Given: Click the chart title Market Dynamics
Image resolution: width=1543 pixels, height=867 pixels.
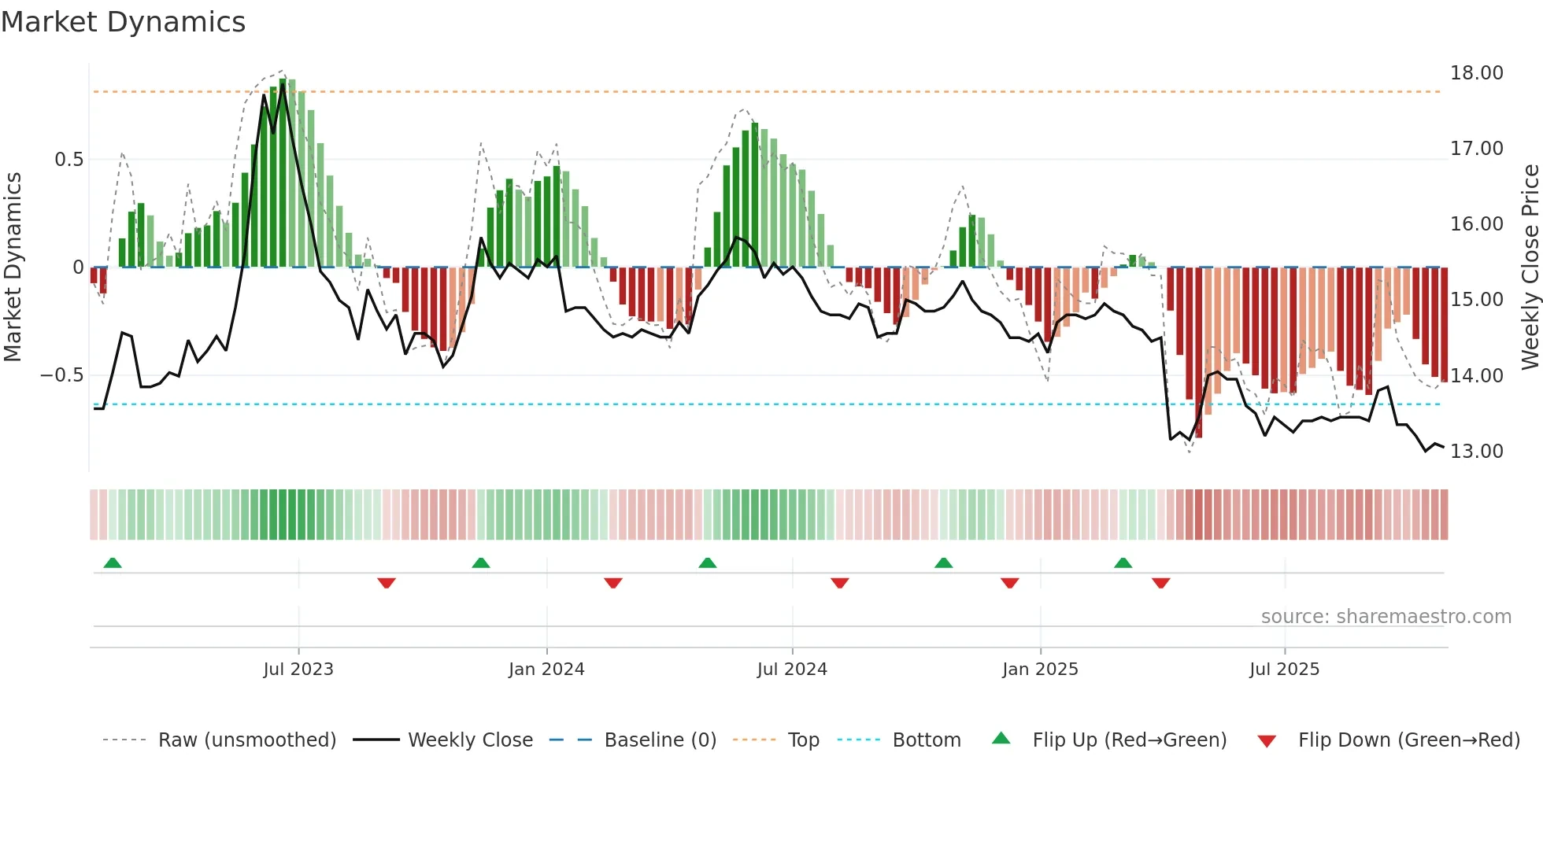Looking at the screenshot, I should (123, 22).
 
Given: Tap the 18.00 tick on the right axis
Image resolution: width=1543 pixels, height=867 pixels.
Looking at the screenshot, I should (1476, 73).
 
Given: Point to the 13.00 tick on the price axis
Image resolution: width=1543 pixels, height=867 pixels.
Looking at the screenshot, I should (1476, 452).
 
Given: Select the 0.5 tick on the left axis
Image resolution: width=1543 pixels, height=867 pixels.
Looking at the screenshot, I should (68, 160).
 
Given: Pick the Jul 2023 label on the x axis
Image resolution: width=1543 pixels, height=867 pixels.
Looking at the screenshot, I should (298, 670).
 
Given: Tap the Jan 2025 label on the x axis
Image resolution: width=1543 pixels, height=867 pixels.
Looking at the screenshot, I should (1040, 670).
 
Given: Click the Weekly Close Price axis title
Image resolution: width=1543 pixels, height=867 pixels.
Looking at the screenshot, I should (1530, 267).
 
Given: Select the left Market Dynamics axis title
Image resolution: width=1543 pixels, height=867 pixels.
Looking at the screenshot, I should (13, 267).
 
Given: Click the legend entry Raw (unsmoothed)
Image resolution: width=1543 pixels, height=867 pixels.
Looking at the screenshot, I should (246, 740).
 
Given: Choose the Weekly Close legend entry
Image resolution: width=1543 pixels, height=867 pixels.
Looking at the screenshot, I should (470, 740).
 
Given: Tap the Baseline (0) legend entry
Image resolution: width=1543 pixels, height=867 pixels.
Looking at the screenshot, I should (660, 740).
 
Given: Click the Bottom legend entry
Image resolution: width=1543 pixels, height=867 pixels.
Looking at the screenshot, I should (926, 740).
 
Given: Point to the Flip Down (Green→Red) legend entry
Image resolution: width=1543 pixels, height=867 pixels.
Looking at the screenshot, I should (1408, 740).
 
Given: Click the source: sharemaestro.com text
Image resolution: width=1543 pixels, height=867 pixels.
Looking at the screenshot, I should (1386, 617).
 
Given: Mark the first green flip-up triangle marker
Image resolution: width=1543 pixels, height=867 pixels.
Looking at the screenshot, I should (113, 563).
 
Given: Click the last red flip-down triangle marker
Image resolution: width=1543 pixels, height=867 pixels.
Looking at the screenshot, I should (1160, 583).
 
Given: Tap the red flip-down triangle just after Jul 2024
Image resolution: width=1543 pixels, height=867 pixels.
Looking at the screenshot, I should (839, 583).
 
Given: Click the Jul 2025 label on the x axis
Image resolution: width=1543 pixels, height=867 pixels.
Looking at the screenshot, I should (1284, 670).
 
